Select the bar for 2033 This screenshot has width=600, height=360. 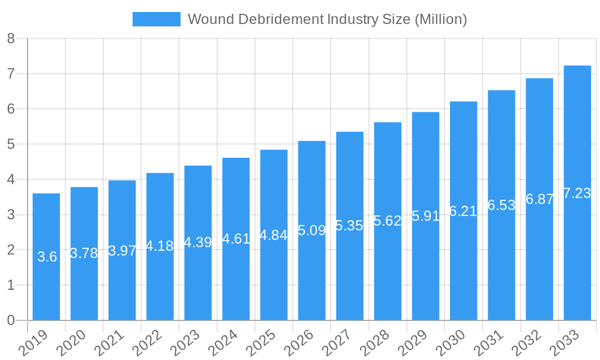click(x=577, y=252)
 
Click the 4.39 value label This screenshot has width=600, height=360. click(x=198, y=242)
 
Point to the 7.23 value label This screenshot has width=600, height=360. click(x=577, y=193)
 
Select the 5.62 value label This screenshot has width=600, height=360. click(x=388, y=221)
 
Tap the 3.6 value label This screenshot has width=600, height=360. click(x=47, y=257)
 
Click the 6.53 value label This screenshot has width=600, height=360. click(x=502, y=205)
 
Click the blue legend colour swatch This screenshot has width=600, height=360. click(x=156, y=19)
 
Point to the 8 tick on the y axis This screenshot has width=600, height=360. click(x=11, y=39)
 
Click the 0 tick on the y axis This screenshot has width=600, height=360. click(x=11, y=320)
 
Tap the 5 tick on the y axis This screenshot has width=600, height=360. click(x=11, y=145)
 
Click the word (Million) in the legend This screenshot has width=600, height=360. click(x=440, y=19)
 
